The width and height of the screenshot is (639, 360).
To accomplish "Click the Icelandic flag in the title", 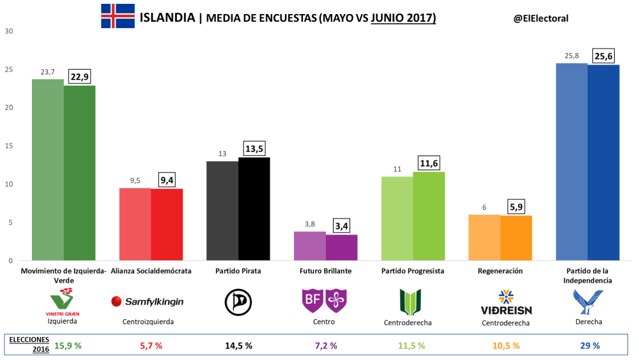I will [118, 16].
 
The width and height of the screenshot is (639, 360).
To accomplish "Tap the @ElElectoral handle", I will [541, 19].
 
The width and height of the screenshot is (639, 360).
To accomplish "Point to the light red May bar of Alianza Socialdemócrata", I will [135, 224].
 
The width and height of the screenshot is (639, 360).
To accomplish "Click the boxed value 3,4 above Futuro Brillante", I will [342, 226].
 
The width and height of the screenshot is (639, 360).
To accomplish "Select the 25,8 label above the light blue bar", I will [572, 56].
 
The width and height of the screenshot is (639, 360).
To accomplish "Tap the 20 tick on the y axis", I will [9, 107].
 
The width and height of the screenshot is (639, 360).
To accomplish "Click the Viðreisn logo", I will [506, 302].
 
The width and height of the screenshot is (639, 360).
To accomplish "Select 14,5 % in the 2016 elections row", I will [238, 346].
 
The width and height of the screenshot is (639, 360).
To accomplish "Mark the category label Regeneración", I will [500, 271].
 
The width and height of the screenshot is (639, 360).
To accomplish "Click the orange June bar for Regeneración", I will [516, 238].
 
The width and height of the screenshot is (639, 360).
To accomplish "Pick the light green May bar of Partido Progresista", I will [397, 218].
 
